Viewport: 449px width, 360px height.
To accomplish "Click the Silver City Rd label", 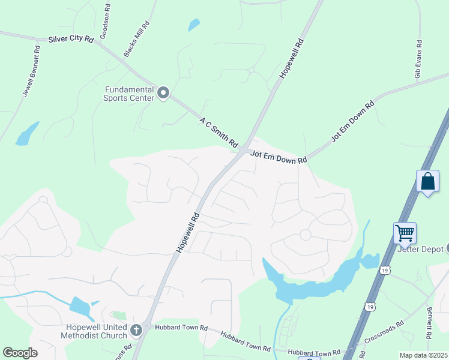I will coord(71,39).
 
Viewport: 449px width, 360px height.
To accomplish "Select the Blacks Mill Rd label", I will coord(136,39).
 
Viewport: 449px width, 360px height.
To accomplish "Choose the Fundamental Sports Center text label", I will coord(128,94).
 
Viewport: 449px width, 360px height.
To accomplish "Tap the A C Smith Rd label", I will coord(218,131).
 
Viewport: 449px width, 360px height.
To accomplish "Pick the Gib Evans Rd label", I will coord(418,60).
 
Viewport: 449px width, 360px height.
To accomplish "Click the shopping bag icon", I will coord(428,181).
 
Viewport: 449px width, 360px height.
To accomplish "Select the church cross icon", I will coord(136,329).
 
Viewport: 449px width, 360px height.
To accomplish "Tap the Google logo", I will coord(20,353).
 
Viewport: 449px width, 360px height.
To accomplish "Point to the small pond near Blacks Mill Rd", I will coord(193,25).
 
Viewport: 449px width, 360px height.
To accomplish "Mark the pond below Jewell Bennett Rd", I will coord(27,134).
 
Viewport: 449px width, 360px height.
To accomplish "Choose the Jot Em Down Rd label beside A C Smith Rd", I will coord(279,157).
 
